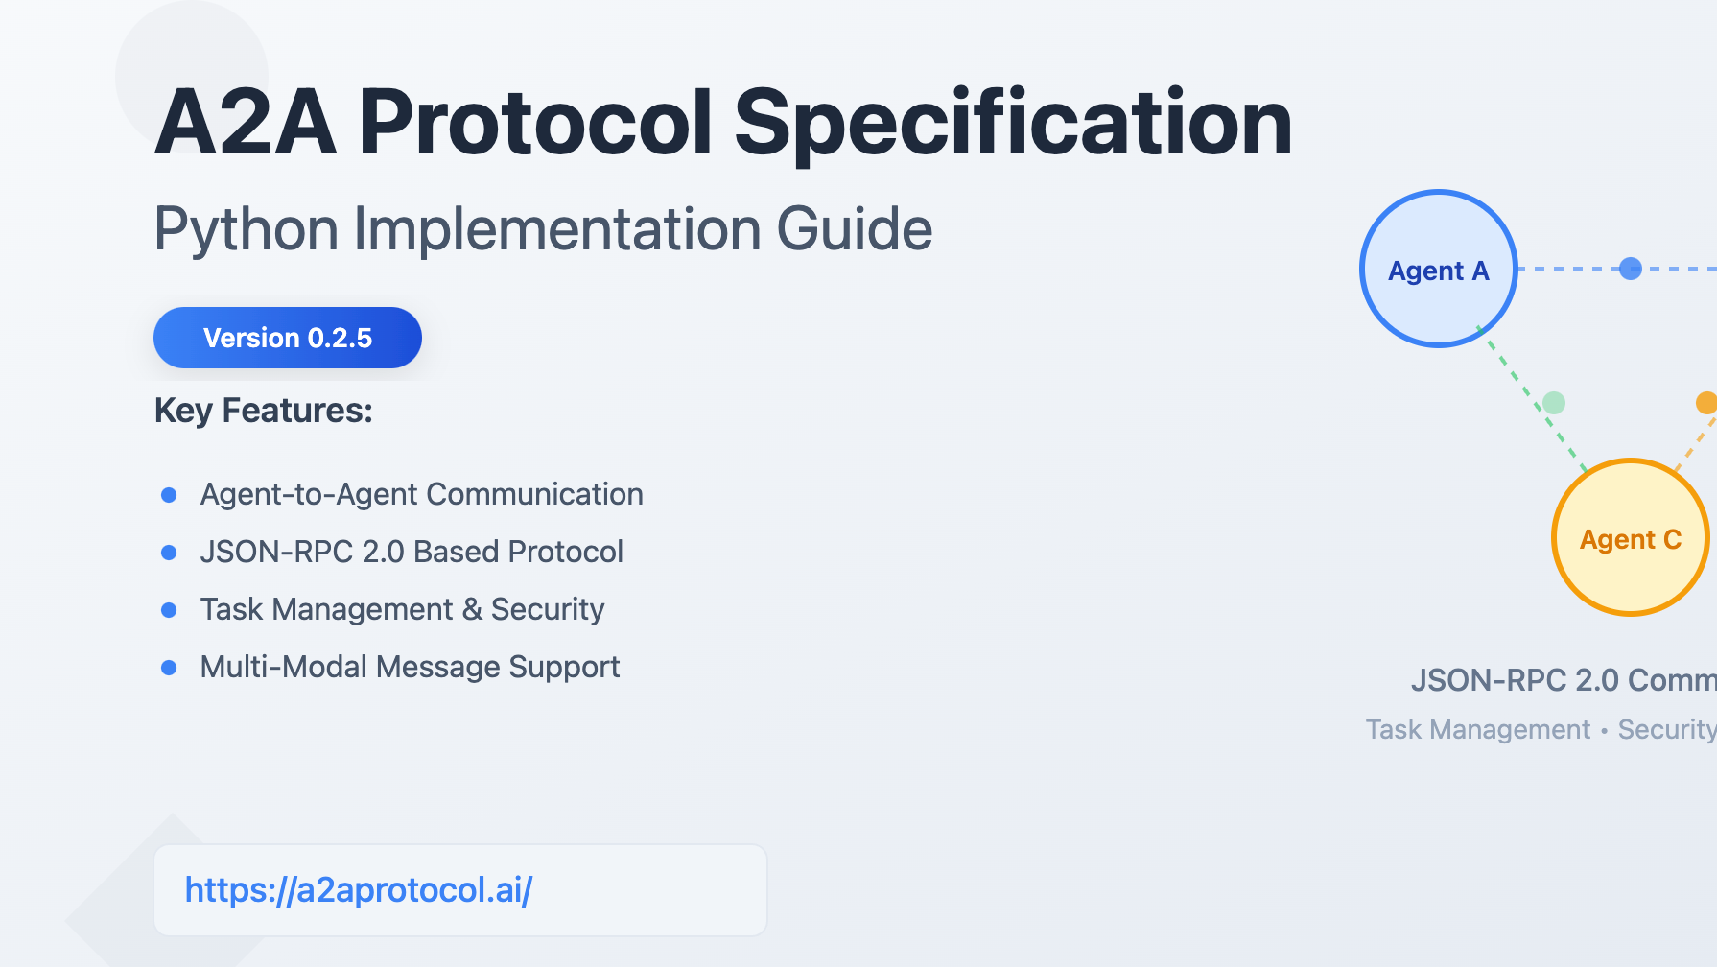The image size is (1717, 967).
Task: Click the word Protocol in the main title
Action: click(535, 122)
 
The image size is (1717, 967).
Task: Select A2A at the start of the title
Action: click(246, 122)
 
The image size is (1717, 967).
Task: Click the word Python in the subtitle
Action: click(247, 230)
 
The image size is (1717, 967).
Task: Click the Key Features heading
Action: click(264, 411)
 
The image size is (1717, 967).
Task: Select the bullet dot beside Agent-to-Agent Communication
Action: click(169, 495)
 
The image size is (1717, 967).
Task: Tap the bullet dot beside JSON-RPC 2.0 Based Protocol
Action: click(169, 553)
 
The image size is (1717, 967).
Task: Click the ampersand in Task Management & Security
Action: click(472, 609)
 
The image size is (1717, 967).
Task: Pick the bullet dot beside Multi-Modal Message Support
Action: click(169, 668)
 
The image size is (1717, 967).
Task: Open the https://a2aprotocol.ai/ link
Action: click(359, 890)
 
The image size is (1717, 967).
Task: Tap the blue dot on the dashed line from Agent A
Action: click(1631, 269)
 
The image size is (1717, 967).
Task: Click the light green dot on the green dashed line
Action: click(1554, 403)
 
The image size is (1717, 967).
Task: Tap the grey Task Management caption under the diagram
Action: click(1478, 730)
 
